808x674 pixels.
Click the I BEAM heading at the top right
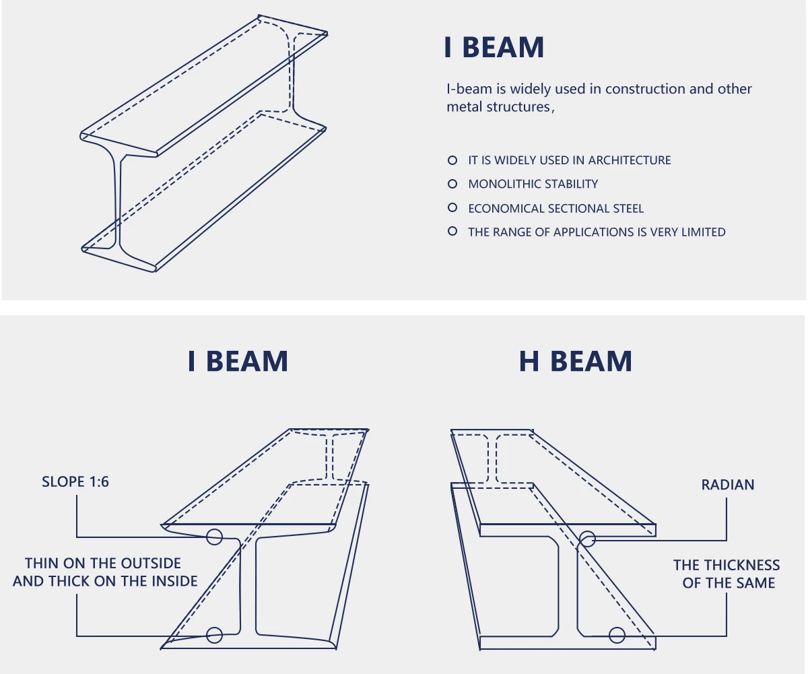click(x=494, y=48)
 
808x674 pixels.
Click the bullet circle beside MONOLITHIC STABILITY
click(x=452, y=184)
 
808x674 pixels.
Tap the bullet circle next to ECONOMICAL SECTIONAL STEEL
click(x=452, y=208)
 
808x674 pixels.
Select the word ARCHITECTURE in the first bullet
click(x=629, y=160)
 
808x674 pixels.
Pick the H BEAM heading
click(x=576, y=362)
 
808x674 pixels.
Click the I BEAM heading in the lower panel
click(x=238, y=362)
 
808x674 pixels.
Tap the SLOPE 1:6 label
click(x=75, y=481)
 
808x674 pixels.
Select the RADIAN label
click(x=728, y=485)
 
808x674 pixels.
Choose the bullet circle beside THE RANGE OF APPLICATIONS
click(x=452, y=232)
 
